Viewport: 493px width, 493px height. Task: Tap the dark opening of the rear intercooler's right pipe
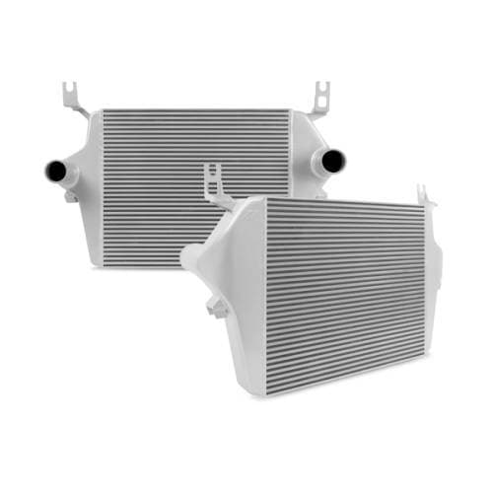click(x=334, y=161)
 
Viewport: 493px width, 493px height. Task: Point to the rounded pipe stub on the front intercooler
click(x=190, y=258)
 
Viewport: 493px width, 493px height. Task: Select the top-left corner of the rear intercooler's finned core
click(x=105, y=110)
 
